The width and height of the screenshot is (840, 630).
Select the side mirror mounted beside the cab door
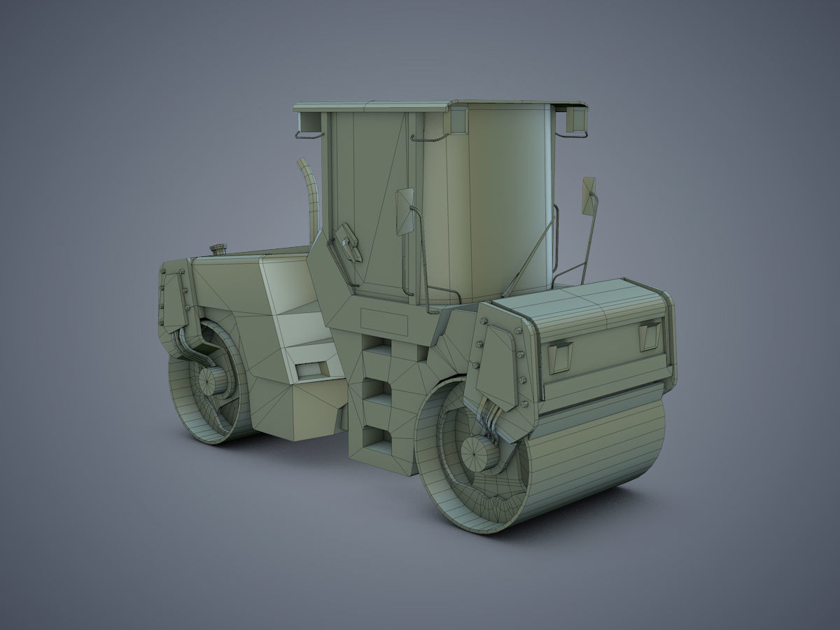click(405, 211)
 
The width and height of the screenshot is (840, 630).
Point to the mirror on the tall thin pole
click(589, 195)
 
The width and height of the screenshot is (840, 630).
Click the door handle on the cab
click(348, 243)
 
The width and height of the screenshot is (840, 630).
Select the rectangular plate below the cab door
click(384, 323)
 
